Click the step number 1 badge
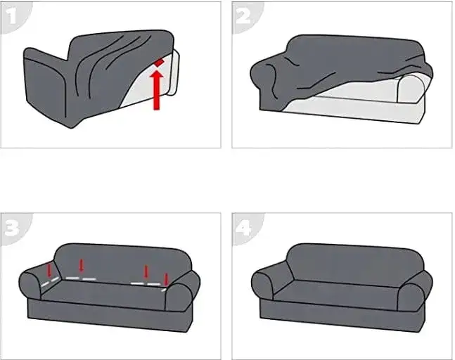click(x=13, y=17)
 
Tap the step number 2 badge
click(x=244, y=17)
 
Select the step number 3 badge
click(x=13, y=229)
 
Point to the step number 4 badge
click(x=244, y=229)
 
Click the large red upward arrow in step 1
click(x=157, y=90)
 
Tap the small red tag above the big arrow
click(x=159, y=63)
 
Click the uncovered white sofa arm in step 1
click(x=174, y=72)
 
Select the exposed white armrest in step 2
click(x=411, y=89)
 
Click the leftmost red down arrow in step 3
click(x=49, y=269)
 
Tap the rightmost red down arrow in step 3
click(x=166, y=280)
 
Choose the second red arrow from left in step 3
click(x=82, y=265)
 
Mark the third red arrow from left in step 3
click(x=146, y=271)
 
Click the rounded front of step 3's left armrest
click(x=30, y=285)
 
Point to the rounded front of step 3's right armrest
click(x=179, y=297)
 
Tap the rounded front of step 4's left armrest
click(x=262, y=285)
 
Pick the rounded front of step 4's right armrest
click(x=411, y=297)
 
